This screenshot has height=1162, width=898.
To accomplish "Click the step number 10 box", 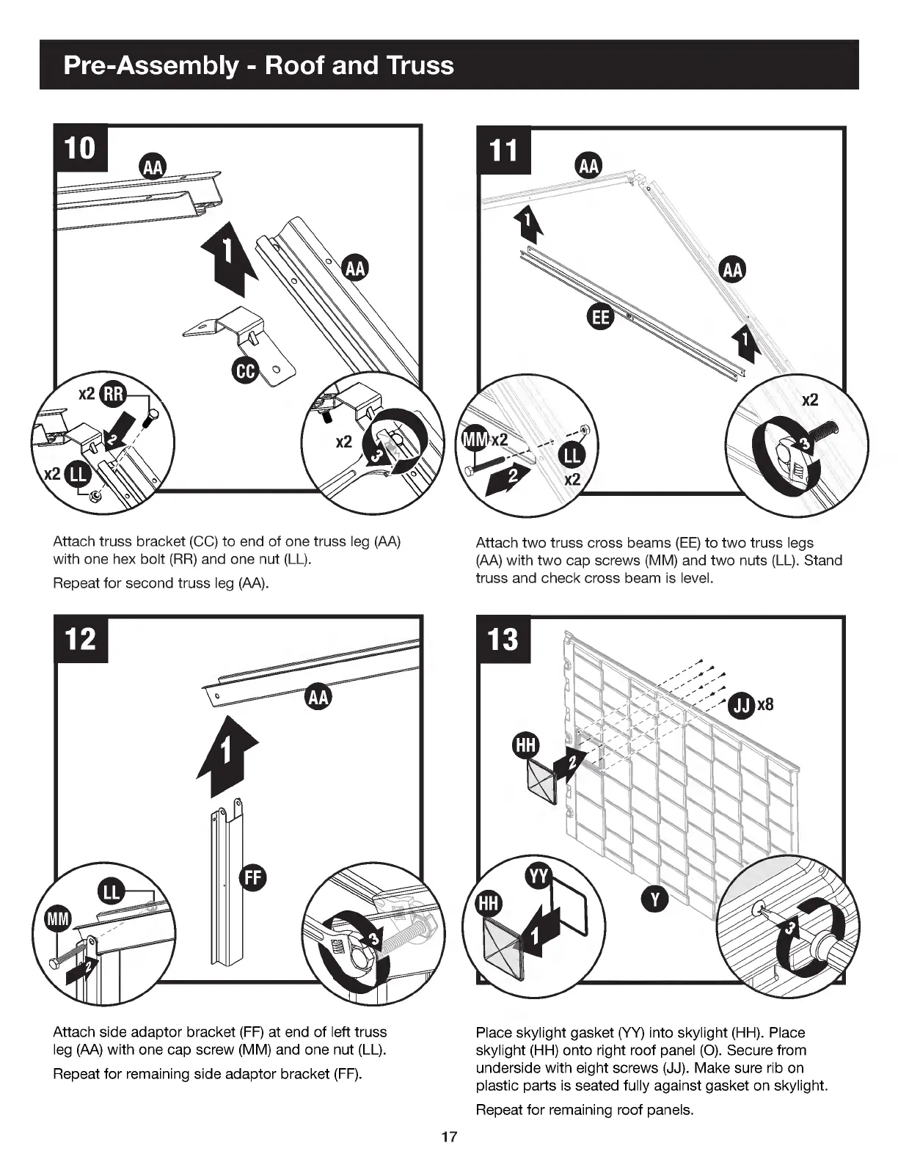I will point(81,149).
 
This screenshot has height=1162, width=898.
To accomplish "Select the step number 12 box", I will point(81,639).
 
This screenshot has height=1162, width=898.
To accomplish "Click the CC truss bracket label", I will point(244,371).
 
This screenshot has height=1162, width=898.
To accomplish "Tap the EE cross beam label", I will point(601,317).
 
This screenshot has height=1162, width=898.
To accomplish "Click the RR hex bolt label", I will point(114,394).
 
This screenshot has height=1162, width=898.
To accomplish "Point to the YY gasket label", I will point(541,876).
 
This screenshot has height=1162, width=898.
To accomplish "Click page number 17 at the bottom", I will point(449,1138).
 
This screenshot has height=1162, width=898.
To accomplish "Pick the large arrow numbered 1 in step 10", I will point(229,255).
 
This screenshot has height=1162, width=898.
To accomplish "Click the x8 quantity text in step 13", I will point(765,705).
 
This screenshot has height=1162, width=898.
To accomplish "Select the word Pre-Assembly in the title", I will point(150,65).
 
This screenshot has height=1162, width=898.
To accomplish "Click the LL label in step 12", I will point(112,893).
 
